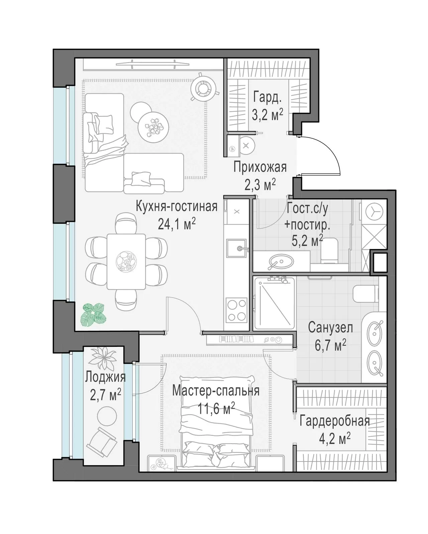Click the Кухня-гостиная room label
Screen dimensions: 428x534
pos(176,207)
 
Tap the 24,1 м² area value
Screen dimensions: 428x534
pos(177,224)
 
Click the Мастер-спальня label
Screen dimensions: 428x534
pos(216,391)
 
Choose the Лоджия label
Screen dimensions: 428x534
pos(105,378)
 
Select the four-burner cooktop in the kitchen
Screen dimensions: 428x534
pos(236,310)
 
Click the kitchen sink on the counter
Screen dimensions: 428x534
pos(236,248)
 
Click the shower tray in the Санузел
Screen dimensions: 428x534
pos(274,304)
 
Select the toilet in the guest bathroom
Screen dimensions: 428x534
pos(329,251)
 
